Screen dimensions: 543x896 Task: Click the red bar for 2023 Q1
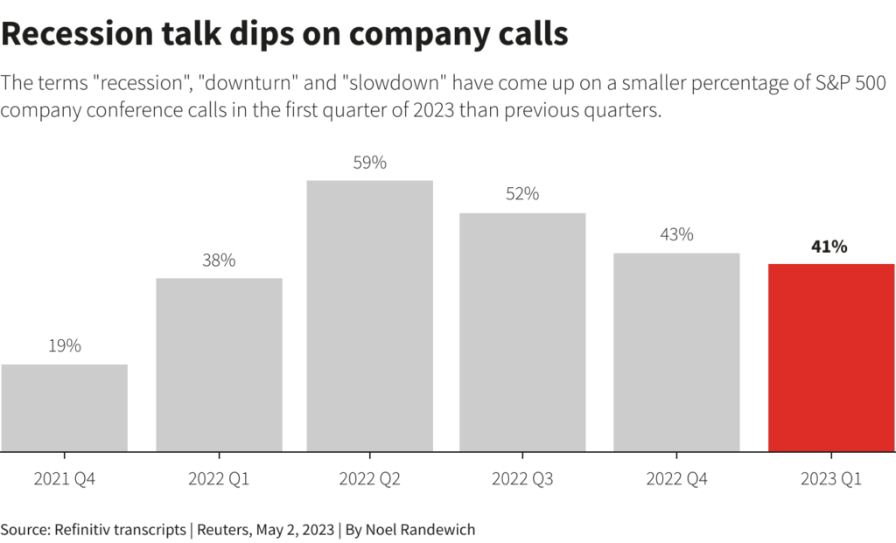click(831, 358)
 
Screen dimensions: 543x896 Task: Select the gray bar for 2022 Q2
click(369, 316)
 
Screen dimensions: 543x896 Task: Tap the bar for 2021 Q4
click(65, 407)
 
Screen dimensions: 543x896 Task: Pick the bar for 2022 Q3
click(522, 332)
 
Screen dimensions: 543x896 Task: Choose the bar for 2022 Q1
click(219, 365)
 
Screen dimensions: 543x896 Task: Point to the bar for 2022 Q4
click(676, 352)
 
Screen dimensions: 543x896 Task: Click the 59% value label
click(369, 163)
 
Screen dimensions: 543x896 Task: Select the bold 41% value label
click(829, 247)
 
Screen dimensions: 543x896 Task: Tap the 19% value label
click(65, 346)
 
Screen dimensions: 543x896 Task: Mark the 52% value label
click(522, 194)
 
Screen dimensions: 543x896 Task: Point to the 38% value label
click(219, 261)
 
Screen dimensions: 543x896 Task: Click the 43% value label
click(676, 234)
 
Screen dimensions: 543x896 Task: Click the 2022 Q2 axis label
click(369, 479)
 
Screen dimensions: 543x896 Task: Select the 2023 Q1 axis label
click(831, 479)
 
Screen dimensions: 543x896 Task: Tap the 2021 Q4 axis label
click(65, 479)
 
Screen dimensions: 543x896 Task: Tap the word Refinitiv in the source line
click(83, 529)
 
